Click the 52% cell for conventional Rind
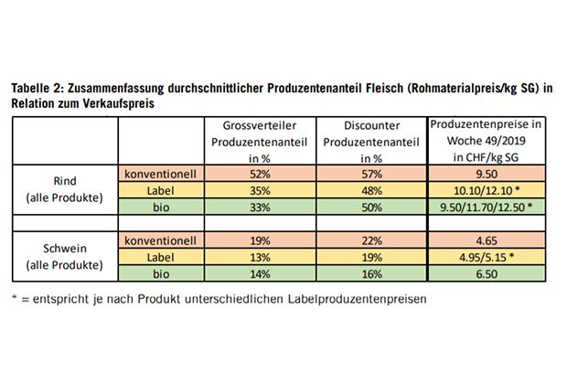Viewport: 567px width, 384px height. click(258, 174)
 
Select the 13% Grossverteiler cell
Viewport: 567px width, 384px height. click(258, 257)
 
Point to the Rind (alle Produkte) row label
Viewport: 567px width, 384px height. click(64, 189)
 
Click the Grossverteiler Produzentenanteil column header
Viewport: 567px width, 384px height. click(258, 141)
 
